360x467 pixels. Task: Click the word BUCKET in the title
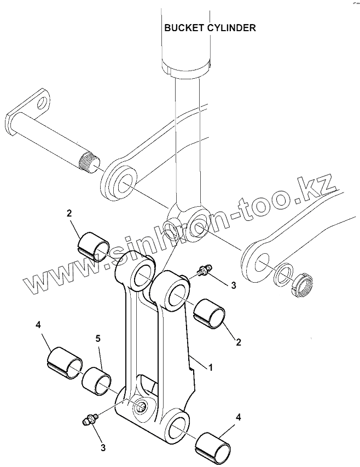(x=183, y=28)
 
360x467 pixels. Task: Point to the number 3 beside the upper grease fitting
(x=233, y=285)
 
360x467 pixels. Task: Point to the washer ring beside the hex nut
(x=283, y=274)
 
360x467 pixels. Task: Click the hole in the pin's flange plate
(x=42, y=102)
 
